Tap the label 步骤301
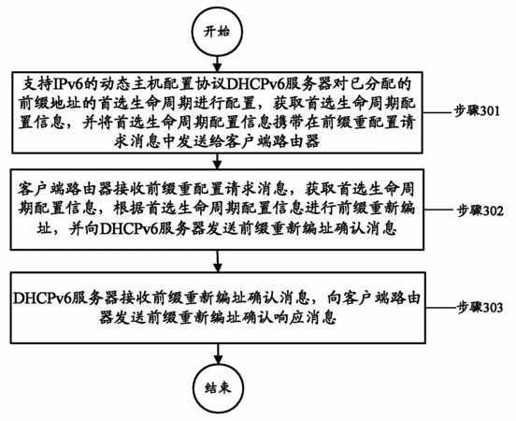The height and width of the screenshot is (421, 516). tap(477, 111)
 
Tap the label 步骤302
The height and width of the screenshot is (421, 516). tap(480, 210)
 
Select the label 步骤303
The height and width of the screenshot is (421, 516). tap(480, 308)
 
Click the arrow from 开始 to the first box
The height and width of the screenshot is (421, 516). tap(217, 65)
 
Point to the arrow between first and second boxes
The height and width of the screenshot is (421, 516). tap(217, 162)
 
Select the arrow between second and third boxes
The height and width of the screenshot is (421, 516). tap(217, 261)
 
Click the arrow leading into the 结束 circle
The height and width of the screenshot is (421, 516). tap(218, 354)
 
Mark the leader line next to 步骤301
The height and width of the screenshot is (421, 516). tap(437, 112)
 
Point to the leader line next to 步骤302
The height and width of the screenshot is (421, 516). tap(440, 210)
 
